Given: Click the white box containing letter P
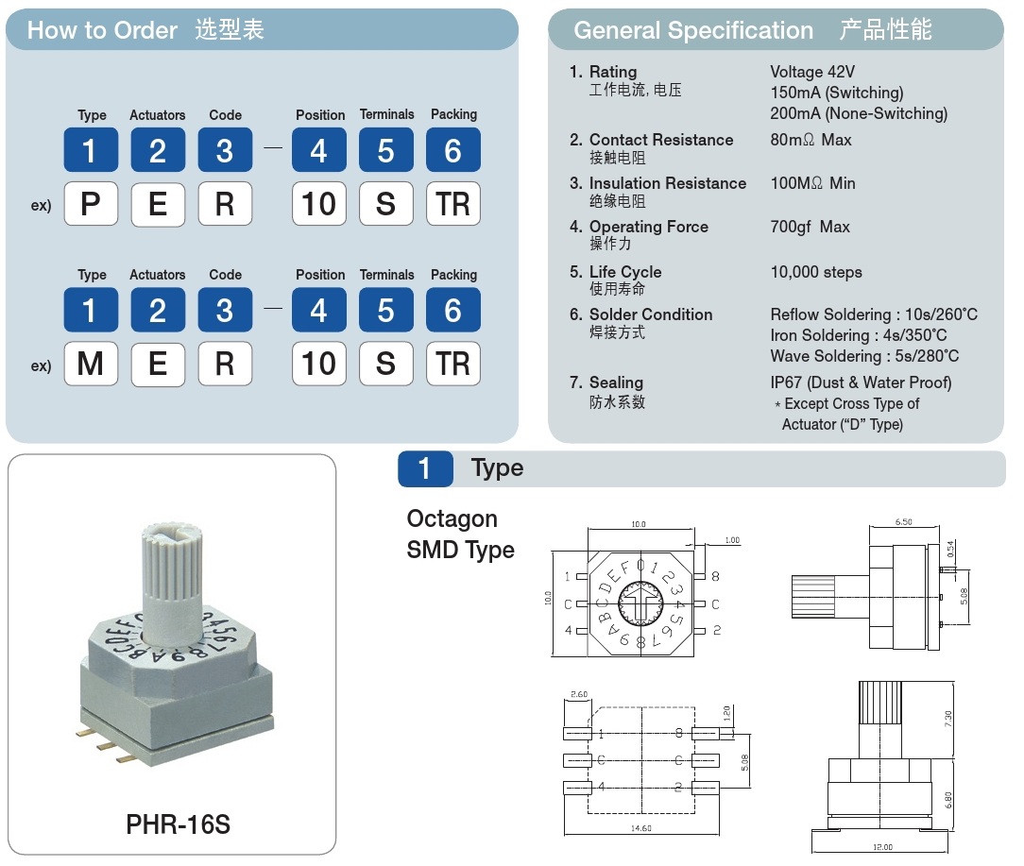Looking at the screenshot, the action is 91,204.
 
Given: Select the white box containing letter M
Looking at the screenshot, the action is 91,364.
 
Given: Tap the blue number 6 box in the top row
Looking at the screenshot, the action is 453,150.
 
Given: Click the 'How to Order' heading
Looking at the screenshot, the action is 103,30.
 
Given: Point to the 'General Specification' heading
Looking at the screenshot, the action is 693,30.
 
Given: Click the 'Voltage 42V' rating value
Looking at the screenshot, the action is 812,72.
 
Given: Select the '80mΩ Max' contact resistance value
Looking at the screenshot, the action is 811,140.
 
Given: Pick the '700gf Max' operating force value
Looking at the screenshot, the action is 810,227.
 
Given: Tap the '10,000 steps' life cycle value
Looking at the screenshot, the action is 816,272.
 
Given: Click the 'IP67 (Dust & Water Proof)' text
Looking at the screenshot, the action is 861,382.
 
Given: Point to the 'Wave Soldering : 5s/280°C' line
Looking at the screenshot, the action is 864,356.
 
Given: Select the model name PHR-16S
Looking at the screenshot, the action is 179,824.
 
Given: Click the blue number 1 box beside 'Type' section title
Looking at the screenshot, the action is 425,469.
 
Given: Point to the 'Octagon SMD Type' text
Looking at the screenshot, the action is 460,535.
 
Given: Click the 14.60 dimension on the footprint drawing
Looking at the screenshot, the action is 641,828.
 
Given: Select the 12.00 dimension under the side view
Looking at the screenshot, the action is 883,847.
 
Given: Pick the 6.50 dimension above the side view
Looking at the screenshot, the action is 904,522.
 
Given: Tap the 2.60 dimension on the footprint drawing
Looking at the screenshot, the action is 579,694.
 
